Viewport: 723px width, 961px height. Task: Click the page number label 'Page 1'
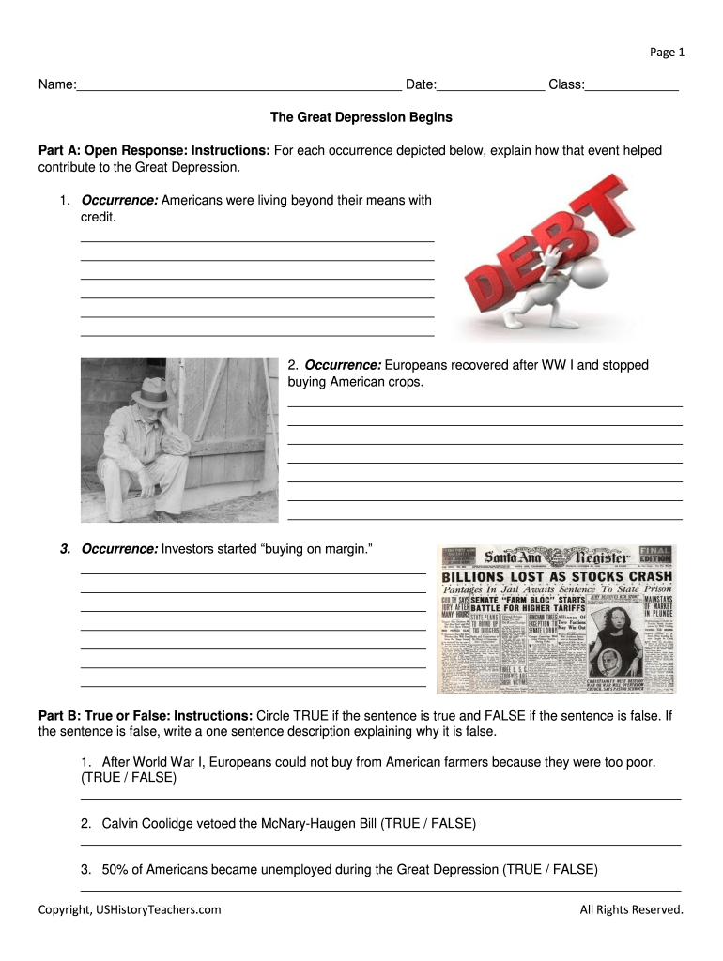[x=668, y=53]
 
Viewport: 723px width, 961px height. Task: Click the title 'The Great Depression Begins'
[x=361, y=117]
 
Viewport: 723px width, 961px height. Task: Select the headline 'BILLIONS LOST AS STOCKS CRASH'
[x=557, y=576]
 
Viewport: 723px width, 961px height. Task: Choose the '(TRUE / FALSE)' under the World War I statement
[x=129, y=778]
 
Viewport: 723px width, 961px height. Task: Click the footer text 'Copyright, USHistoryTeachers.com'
[x=130, y=909]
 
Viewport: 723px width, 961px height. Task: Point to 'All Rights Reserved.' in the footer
[x=631, y=909]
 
